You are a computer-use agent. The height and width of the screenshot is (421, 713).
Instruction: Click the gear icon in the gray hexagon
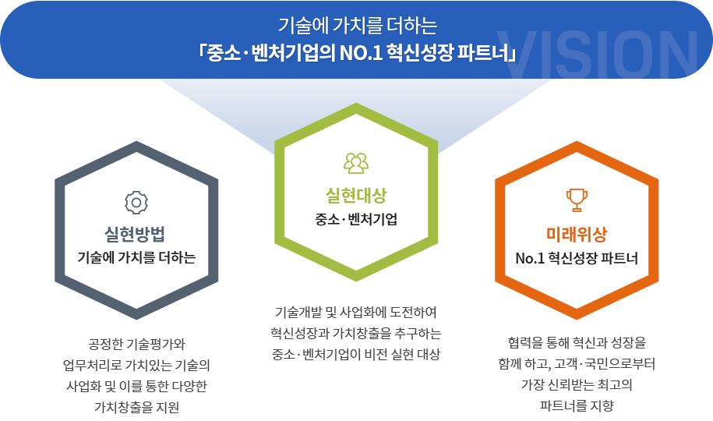click(x=136, y=203)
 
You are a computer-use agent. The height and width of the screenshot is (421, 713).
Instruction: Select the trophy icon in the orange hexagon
click(x=577, y=200)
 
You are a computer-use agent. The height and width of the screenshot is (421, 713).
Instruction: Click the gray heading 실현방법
click(x=135, y=234)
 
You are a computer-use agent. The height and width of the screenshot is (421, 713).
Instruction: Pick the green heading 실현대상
click(x=356, y=196)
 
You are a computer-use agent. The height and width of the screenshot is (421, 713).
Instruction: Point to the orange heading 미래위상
click(x=577, y=235)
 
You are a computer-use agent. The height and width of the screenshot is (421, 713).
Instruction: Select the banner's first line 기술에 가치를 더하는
click(x=358, y=26)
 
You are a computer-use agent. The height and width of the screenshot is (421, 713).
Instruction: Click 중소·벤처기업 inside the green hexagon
click(x=356, y=219)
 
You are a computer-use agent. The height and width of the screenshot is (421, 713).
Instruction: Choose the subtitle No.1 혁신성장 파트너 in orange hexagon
click(x=577, y=259)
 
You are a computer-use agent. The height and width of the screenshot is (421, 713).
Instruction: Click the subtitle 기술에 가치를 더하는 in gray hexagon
click(x=136, y=257)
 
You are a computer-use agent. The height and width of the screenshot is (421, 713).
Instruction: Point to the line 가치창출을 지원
click(x=136, y=407)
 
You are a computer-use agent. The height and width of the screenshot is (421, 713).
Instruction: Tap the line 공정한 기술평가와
click(x=136, y=344)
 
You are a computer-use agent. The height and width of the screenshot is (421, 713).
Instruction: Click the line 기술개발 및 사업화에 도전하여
click(x=356, y=312)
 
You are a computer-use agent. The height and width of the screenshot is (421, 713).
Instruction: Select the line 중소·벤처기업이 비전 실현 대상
click(x=356, y=354)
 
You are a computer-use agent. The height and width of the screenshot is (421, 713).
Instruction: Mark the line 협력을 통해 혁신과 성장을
click(x=577, y=342)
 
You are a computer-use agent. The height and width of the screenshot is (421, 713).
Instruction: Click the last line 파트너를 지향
click(x=577, y=405)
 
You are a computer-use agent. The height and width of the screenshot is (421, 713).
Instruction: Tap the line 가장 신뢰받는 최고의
click(x=577, y=384)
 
